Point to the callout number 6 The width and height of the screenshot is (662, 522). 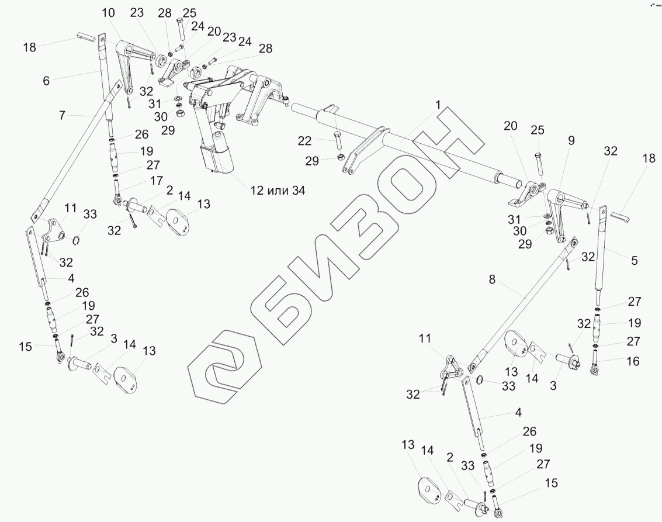46,81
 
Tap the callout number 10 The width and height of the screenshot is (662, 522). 108,13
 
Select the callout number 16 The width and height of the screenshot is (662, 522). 633,361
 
